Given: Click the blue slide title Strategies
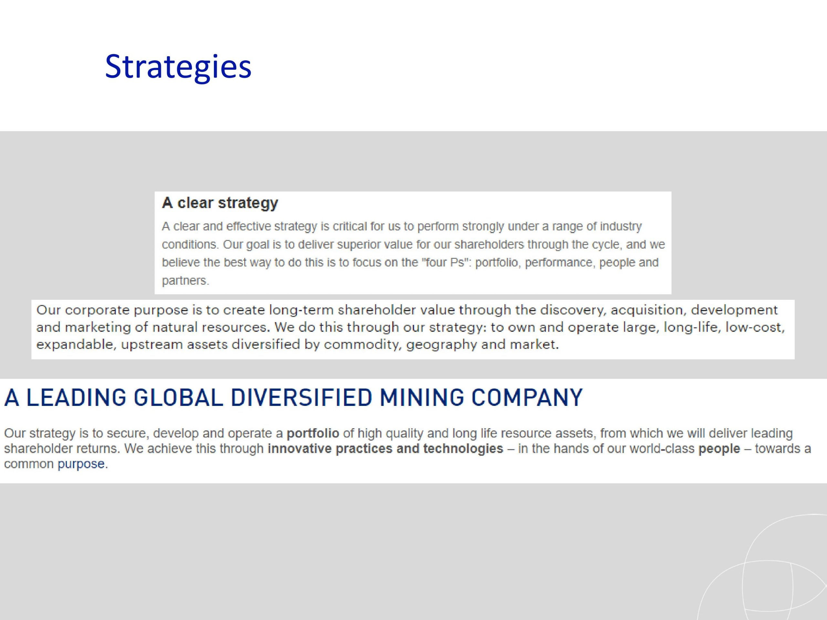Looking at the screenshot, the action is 178,67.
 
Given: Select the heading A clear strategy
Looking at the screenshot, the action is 220,203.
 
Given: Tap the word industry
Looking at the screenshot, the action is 621,226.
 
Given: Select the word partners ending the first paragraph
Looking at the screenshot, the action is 185,281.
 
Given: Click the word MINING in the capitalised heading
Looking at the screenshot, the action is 421,397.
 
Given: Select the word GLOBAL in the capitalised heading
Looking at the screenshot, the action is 178,397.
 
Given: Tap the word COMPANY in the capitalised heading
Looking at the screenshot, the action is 527,397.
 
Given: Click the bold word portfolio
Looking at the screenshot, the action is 313,433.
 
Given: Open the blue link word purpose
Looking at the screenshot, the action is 81,464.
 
